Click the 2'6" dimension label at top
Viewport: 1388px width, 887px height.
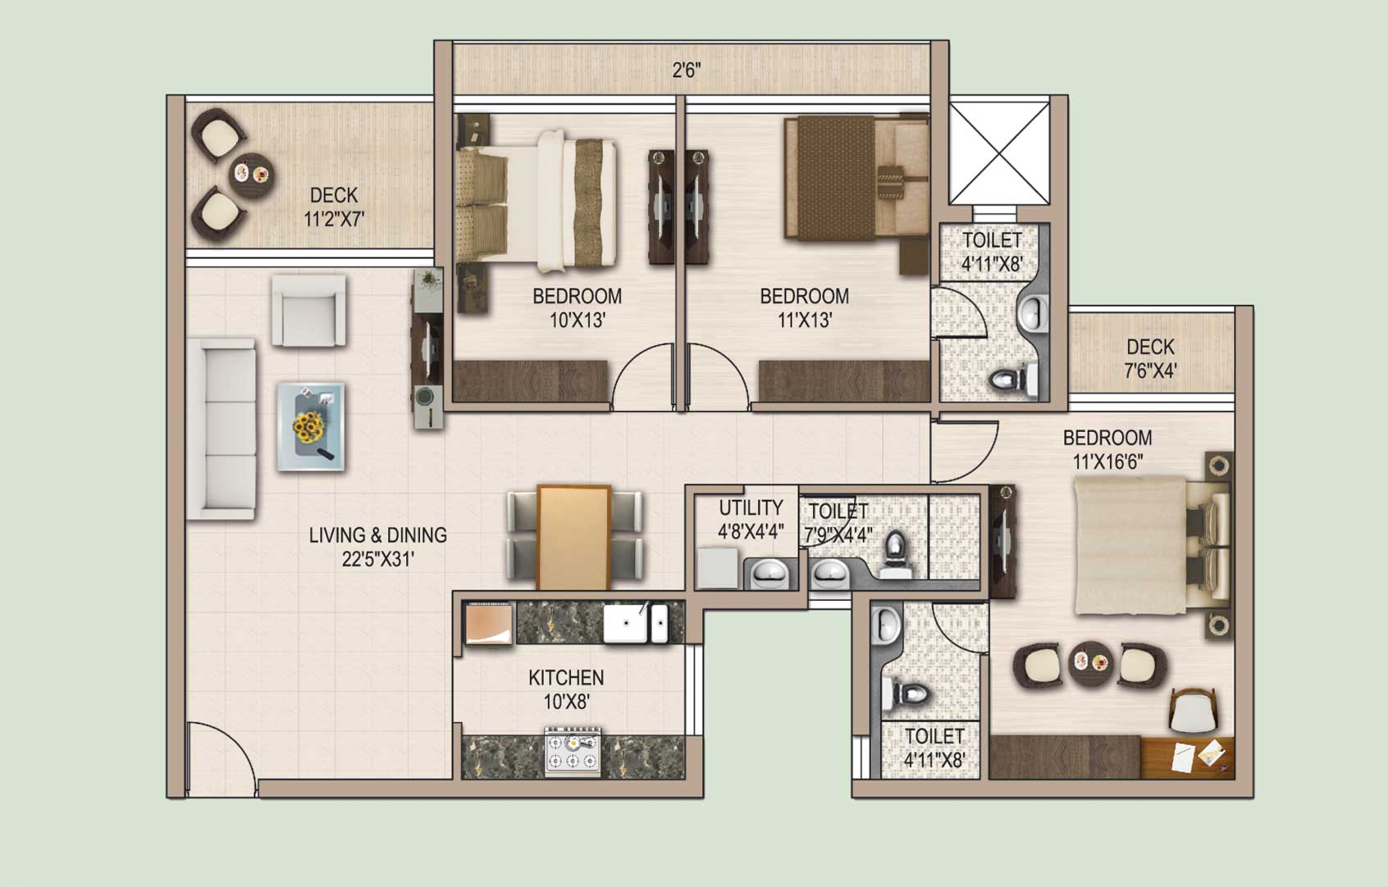pos(687,71)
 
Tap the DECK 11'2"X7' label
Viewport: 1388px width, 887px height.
pos(334,207)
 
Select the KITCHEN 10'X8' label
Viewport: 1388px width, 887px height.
pos(566,689)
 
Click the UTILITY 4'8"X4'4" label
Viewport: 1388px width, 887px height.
pos(751,519)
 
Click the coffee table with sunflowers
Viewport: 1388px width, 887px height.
pos(310,427)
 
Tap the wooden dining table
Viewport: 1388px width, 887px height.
pos(574,538)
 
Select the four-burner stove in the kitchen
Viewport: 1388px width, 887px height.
pos(573,751)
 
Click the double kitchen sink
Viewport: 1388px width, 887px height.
pos(636,624)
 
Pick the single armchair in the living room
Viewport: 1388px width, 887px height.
pos(308,311)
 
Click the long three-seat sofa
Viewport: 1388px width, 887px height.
pos(221,429)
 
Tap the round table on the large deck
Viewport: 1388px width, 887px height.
pos(250,175)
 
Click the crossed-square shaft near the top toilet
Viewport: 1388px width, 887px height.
pos(999,152)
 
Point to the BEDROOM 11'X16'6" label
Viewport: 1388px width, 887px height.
pos(1107,449)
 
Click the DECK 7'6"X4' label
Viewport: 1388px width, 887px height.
pos(1150,358)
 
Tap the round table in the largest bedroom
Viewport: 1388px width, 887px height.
pos(1090,663)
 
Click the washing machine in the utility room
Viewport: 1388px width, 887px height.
pos(719,567)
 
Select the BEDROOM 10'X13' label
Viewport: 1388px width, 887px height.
pos(578,307)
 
